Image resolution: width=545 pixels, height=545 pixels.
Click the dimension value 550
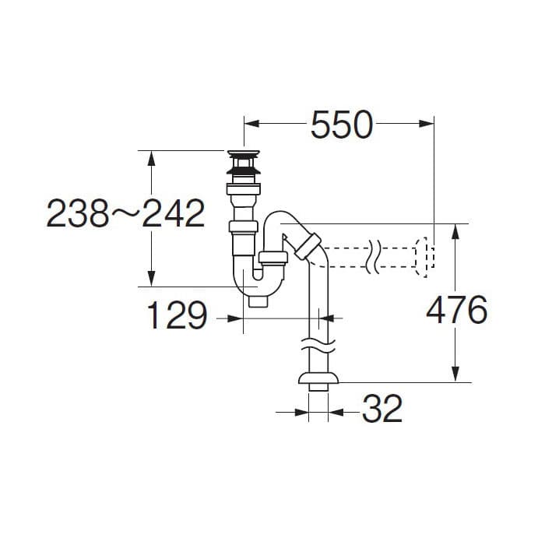pos(342,124)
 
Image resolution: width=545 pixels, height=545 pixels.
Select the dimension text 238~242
pos(125,213)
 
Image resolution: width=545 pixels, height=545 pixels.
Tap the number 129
pos(177,315)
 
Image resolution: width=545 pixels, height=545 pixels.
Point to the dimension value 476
pos(456,309)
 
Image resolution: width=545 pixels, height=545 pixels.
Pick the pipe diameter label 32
pos(382,409)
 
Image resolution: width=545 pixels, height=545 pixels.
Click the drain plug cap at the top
pos(244,153)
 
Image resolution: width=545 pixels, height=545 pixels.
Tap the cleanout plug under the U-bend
pos(258,302)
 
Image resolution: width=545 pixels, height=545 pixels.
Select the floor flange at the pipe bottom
pos(318,378)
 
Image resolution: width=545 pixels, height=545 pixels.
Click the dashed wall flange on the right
pos(425,258)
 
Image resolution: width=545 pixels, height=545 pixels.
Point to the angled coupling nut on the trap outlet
pos(308,246)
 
